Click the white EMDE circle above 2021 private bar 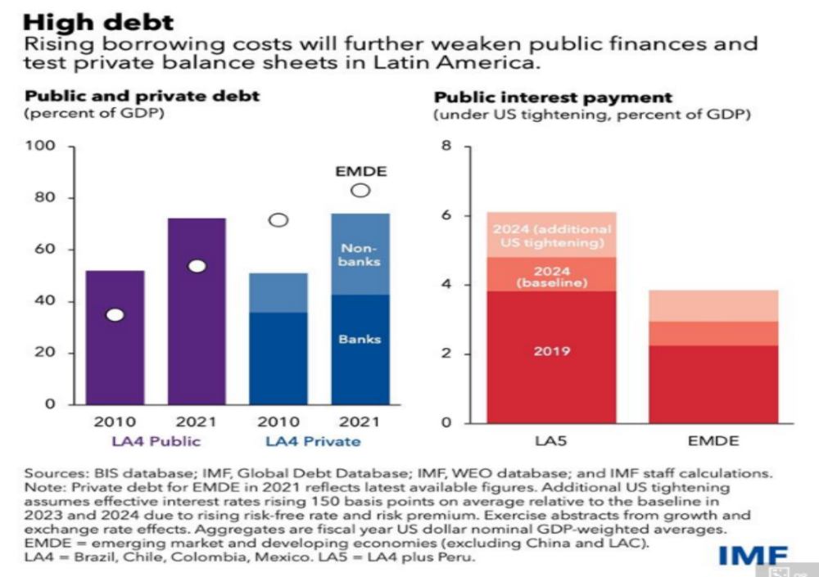tap(360, 191)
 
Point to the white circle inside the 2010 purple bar tap(115, 315)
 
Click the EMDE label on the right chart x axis tap(713, 441)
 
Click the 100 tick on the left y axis tap(43, 147)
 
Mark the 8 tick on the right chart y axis tap(447, 147)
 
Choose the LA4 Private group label tap(313, 442)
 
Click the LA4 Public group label tap(156, 442)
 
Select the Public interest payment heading tap(553, 97)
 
